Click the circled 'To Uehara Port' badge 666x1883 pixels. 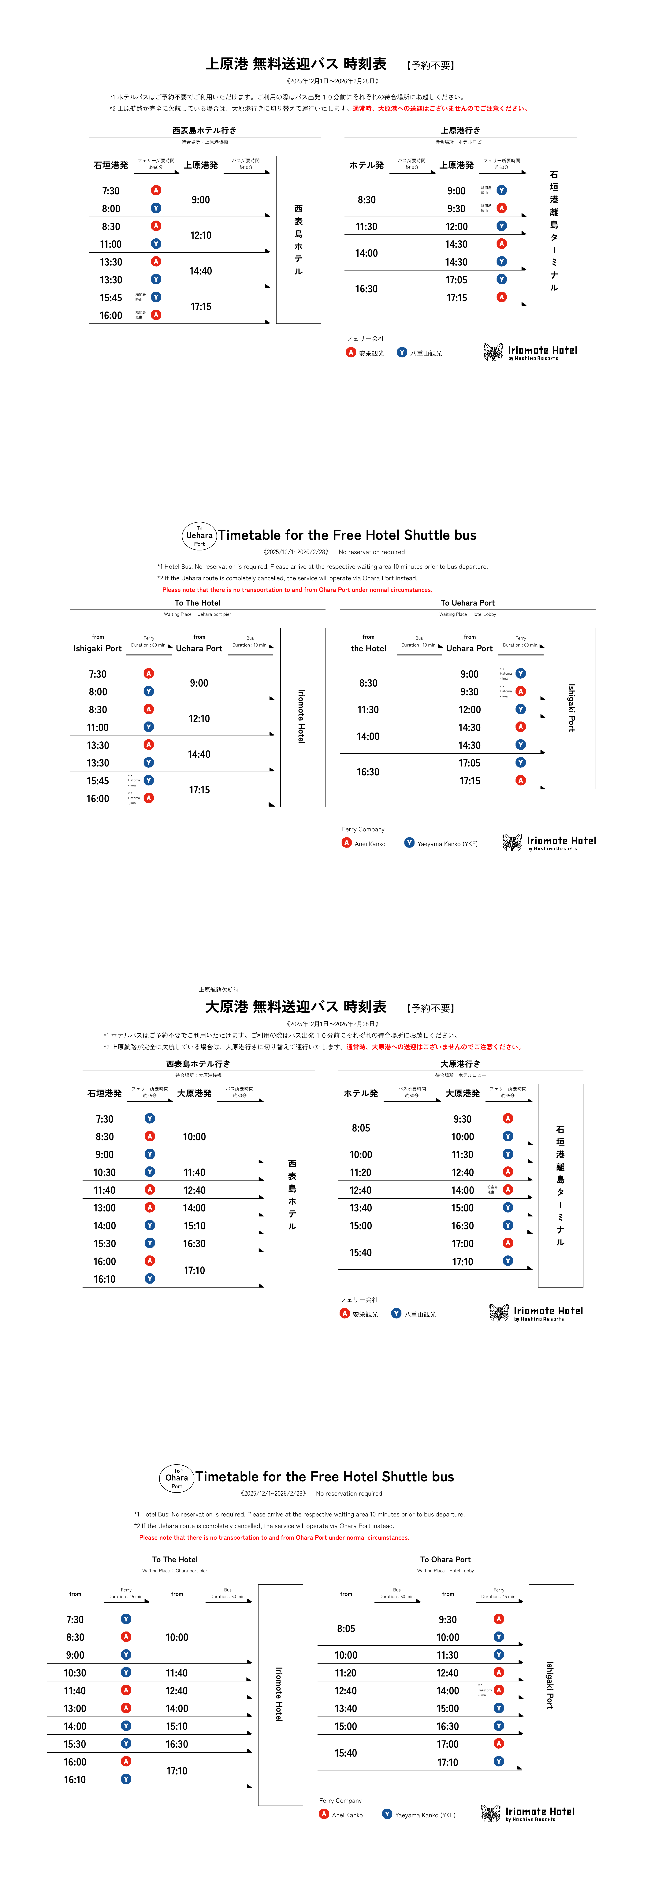pyautogui.click(x=199, y=535)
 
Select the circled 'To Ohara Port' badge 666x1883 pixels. pyautogui.click(x=176, y=1477)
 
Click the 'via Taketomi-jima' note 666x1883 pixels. pyautogui.click(x=485, y=1690)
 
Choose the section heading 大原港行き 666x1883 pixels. pyautogui.click(x=460, y=1064)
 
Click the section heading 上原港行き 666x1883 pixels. pyautogui.click(x=460, y=130)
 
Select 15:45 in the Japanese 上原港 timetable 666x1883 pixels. pyautogui.click(x=111, y=297)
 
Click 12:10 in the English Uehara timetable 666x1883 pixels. pyautogui.click(x=199, y=718)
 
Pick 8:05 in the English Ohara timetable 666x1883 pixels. pyautogui.click(x=346, y=1629)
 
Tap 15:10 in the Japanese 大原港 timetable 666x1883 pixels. pyautogui.click(x=195, y=1226)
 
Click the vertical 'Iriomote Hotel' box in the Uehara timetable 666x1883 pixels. pyautogui.click(x=302, y=716)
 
